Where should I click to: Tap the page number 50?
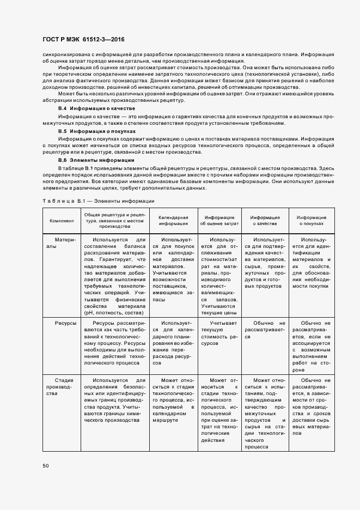(46, 466)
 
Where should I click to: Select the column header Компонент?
(62, 221)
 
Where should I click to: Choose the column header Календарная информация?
(173, 221)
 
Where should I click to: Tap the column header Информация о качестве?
(264, 221)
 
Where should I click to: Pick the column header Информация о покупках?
(311, 221)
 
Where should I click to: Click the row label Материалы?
(64, 242)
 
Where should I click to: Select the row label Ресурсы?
(65, 323)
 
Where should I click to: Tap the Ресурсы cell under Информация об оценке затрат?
(219, 333)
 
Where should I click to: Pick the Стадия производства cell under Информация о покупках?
(311, 410)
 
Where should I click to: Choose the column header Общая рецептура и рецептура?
(115, 221)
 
